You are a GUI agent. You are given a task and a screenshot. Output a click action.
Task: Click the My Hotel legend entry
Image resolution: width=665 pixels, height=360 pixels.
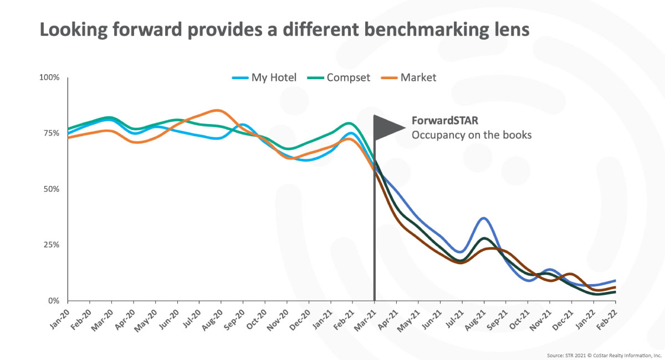265,78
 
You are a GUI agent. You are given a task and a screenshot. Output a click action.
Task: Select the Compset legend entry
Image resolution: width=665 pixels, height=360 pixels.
342,78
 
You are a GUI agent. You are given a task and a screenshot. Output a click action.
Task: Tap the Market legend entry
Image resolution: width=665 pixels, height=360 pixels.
410,78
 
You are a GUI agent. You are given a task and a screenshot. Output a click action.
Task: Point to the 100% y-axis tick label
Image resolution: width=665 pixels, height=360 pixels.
49,77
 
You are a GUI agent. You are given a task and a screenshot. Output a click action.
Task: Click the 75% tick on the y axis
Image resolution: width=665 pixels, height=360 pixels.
50,133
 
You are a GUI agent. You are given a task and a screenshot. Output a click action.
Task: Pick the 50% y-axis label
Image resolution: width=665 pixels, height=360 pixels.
50,189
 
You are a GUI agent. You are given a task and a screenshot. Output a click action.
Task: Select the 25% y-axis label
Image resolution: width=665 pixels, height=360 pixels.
50,245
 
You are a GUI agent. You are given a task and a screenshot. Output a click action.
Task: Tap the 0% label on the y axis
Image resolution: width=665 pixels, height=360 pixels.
53,301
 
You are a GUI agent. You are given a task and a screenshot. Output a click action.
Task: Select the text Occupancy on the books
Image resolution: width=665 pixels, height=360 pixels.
471,135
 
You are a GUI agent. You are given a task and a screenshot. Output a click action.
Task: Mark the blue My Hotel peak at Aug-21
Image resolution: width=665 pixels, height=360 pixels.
484,218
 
